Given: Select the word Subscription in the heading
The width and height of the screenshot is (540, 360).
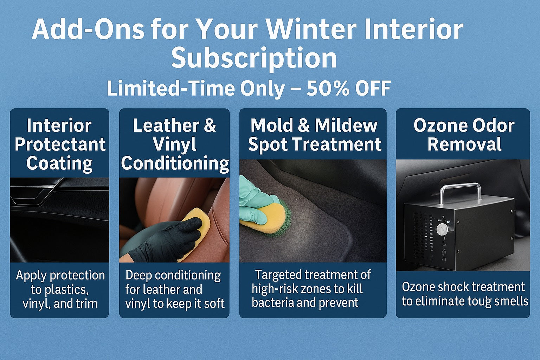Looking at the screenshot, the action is pos(254,58).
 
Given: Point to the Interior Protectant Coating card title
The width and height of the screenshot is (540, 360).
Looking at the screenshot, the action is pos(60,144).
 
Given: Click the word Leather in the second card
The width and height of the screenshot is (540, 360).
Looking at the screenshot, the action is pos(166,126).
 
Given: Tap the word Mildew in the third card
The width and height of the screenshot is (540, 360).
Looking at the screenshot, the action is pos(346,126).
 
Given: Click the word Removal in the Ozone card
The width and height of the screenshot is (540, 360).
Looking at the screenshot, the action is pos(464,144).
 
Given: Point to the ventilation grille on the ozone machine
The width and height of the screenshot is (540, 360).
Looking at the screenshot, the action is pos(422,234).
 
